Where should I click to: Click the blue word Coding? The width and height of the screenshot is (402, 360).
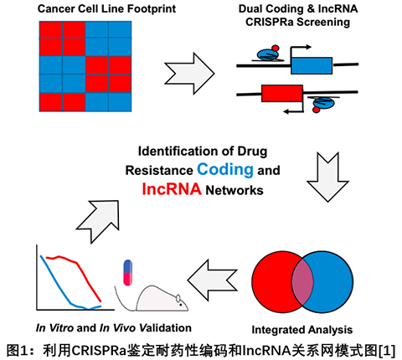pyautogui.click(x=225, y=170)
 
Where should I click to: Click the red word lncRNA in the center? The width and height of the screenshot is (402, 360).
pyautogui.click(x=172, y=189)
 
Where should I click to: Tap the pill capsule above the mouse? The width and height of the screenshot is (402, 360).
pyautogui.click(x=127, y=273)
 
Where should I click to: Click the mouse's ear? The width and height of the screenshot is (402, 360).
pyautogui.click(x=178, y=298)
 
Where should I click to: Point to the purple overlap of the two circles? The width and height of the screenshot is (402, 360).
pyautogui.click(x=302, y=282)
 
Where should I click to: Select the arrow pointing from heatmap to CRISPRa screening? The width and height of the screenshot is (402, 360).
pyautogui.click(x=189, y=74)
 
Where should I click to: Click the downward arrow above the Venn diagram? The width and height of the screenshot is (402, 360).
pyautogui.click(x=327, y=177)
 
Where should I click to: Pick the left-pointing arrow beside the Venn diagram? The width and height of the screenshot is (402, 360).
pyautogui.click(x=212, y=280)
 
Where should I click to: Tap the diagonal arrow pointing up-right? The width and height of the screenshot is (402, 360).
pyautogui.click(x=98, y=221)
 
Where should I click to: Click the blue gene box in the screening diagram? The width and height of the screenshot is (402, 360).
pyautogui.click(x=312, y=65)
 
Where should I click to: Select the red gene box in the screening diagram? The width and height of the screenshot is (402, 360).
pyautogui.click(x=282, y=93)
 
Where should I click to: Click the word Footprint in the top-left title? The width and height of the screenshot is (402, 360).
pyautogui.click(x=152, y=9)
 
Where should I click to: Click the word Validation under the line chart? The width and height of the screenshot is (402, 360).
pyautogui.click(x=165, y=327)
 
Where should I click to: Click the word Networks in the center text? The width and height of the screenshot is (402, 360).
pyautogui.click(x=234, y=190)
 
